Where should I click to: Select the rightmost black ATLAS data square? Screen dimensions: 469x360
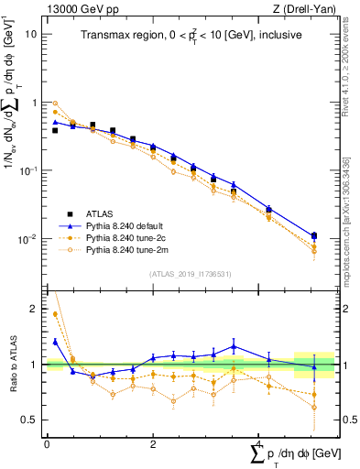314,236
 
